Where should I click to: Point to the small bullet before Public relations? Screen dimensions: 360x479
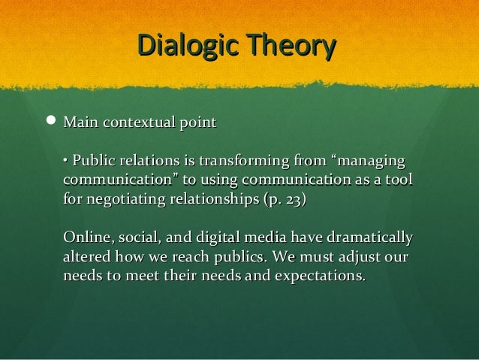pyautogui.click(x=66, y=162)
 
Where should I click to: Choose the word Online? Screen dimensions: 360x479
pyautogui.click(x=86, y=239)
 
